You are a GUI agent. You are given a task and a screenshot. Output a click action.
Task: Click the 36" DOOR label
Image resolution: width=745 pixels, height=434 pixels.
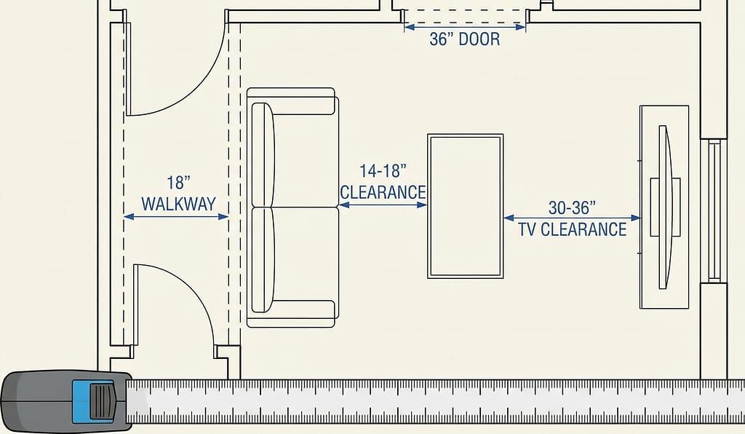pos(465,39)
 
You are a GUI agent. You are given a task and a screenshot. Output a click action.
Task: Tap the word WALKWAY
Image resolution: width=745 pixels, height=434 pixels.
pos(179,204)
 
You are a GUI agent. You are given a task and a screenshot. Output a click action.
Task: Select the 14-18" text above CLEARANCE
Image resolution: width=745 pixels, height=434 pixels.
pos(383,170)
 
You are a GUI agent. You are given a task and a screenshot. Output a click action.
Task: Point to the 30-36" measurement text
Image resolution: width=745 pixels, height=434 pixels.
pos(572,208)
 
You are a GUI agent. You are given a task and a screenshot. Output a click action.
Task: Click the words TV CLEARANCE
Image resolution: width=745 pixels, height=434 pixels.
pos(572,229)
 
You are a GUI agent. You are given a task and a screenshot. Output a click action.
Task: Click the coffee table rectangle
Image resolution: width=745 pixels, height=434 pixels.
pos(465,206)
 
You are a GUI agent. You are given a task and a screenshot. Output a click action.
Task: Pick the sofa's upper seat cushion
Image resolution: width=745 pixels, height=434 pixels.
pos(306,161)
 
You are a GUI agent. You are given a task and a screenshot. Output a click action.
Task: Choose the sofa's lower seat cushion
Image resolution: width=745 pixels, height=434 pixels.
pos(306,253)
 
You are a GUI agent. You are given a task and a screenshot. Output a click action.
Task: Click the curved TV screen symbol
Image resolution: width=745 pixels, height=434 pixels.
pos(665,208)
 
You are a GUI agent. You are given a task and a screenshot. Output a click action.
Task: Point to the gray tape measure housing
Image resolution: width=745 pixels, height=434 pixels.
pos(66,401)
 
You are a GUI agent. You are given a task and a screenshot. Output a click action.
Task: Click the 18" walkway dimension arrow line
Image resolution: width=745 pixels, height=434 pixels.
pos(176,217)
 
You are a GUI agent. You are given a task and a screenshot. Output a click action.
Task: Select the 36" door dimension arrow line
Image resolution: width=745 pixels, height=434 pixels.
pos(465,28)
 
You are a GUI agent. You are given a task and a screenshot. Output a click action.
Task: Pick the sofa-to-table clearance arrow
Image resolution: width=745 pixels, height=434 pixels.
pos(383,205)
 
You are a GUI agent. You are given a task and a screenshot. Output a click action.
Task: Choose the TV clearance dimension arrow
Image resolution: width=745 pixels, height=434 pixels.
pos(572,218)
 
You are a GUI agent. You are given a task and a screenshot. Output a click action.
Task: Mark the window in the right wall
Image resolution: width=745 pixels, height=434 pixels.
pos(714,210)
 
